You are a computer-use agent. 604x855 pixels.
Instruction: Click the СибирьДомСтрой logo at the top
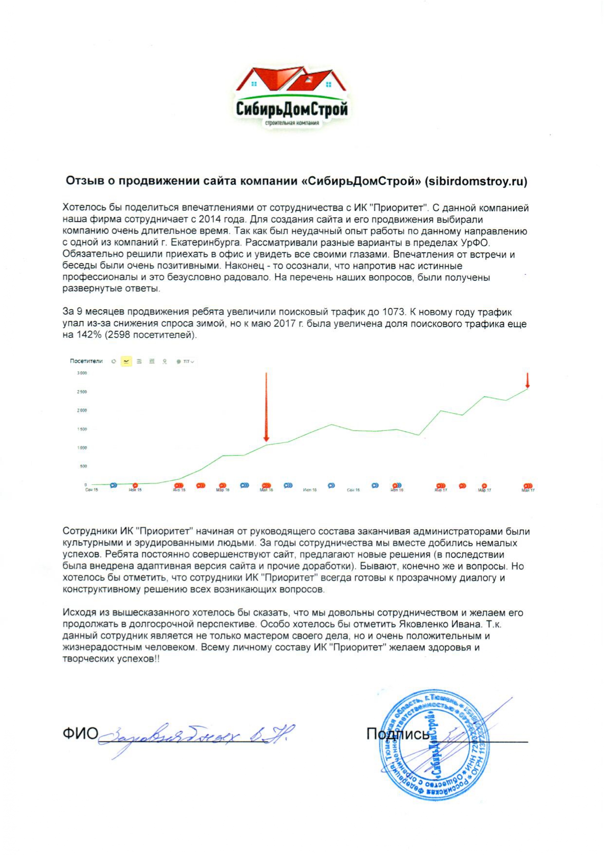[x=291, y=97]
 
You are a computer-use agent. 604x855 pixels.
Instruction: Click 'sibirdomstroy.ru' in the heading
[x=476, y=182]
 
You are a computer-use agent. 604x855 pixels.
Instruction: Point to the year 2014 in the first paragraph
[x=209, y=220]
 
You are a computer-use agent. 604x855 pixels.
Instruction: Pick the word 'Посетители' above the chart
[x=86, y=361]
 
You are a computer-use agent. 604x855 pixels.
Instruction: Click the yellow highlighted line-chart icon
[x=127, y=361]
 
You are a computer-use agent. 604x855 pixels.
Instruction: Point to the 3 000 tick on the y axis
[x=82, y=373]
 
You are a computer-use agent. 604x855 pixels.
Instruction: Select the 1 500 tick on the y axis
[x=82, y=429]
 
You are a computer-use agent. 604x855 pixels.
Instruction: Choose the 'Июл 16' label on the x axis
[x=310, y=490]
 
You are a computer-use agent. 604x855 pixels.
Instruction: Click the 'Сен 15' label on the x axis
[x=92, y=490]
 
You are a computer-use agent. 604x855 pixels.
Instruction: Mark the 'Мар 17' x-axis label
[x=485, y=490]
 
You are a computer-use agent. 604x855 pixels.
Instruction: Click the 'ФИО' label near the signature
[x=80, y=734]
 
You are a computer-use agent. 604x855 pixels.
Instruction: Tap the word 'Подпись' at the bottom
[x=398, y=734]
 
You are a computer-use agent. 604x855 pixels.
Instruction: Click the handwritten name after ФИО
[x=195, y=736]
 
